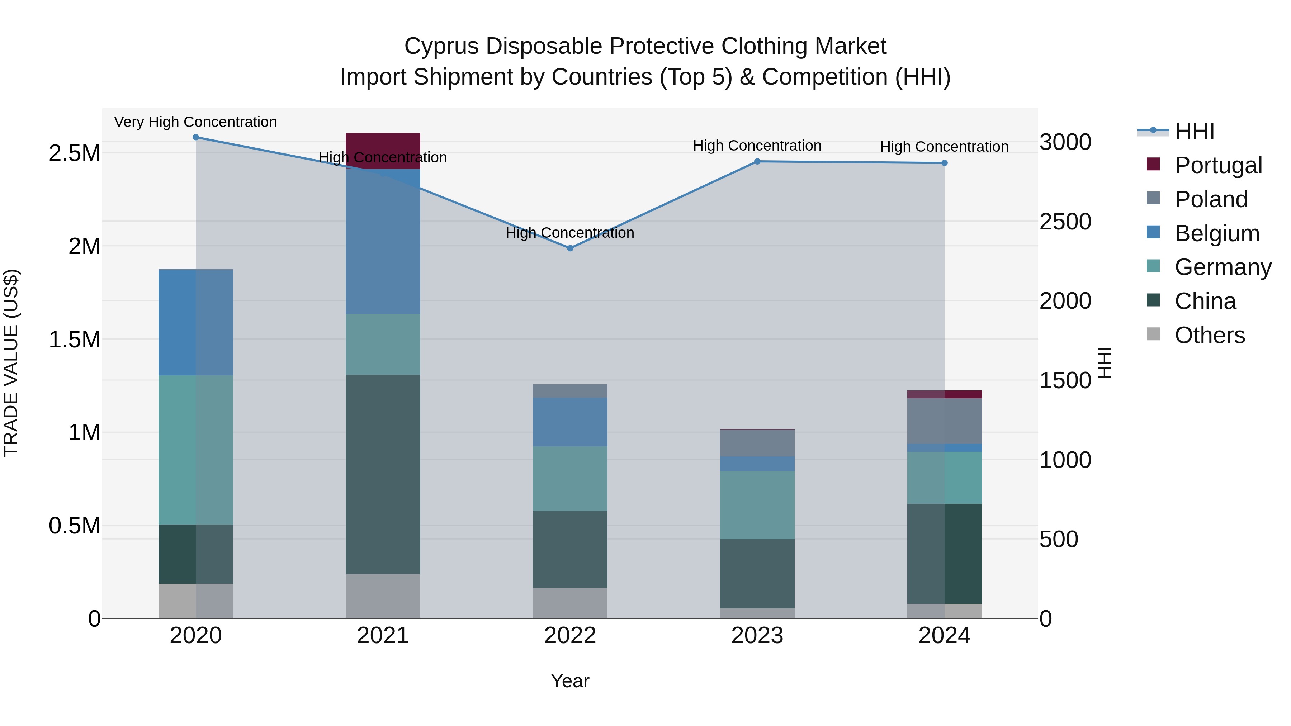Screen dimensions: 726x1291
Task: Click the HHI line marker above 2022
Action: coord(570,248)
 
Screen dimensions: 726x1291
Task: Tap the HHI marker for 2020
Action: coord(196,137)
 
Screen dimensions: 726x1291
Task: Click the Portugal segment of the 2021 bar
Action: coord(383,145)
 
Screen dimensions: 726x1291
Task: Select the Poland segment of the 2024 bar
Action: coord(944,421)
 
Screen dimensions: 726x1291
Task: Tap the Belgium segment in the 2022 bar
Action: coord(570,422)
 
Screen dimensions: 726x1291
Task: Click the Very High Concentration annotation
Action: coord(195,122)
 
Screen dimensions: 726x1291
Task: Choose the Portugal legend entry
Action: coord(1218,165)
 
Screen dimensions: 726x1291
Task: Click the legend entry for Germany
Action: coord(1223,267)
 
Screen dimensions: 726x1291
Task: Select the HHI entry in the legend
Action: coord(1194,131)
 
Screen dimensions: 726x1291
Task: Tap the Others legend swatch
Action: coord(1153,334)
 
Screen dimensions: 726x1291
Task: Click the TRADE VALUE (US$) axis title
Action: coord(11,363)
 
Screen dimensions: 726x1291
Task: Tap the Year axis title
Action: coord(570,681)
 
